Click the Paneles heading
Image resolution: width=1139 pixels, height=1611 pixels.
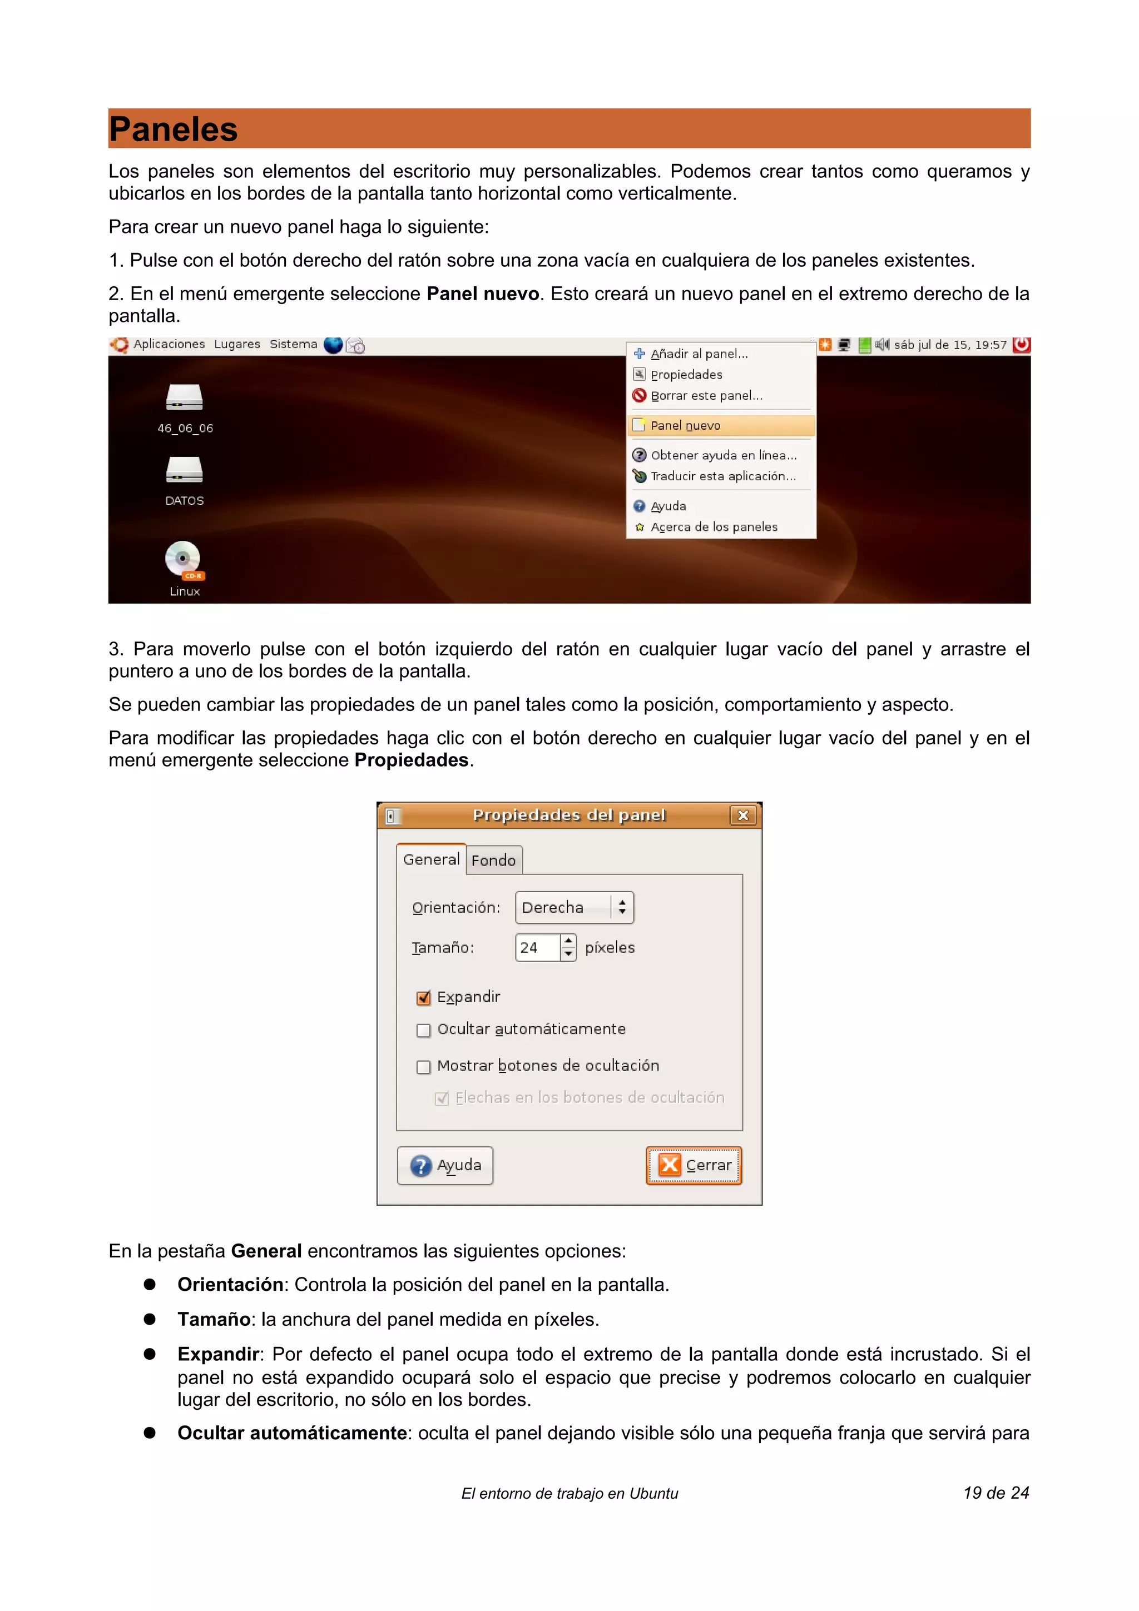point(174,130)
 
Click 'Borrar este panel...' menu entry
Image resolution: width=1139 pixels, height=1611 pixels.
point(705,396)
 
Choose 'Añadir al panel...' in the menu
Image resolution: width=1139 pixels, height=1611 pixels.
point(699,354)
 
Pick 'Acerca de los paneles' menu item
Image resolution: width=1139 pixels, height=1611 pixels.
point(713,527)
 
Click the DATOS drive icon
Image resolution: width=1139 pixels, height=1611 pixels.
point(184,471)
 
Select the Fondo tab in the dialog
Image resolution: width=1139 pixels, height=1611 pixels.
point(493,860)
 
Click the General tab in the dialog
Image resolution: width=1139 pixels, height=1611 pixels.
point(431,859)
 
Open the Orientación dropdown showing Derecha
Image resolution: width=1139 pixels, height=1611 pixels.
point(574,907)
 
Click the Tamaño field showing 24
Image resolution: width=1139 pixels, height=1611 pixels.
point(538,947)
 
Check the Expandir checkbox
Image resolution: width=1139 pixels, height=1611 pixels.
point(423,998)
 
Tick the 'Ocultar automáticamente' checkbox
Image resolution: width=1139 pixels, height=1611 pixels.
point(423,1030)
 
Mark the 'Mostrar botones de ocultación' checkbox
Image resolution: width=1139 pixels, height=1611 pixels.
point(423,1067)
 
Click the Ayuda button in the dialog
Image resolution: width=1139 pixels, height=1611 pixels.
point(445,1166)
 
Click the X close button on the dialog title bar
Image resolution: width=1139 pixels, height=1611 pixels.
point(742,816)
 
